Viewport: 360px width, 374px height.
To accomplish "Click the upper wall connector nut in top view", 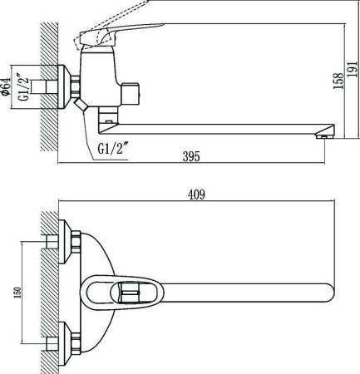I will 65,242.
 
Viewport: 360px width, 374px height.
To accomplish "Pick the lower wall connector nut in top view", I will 65,341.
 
